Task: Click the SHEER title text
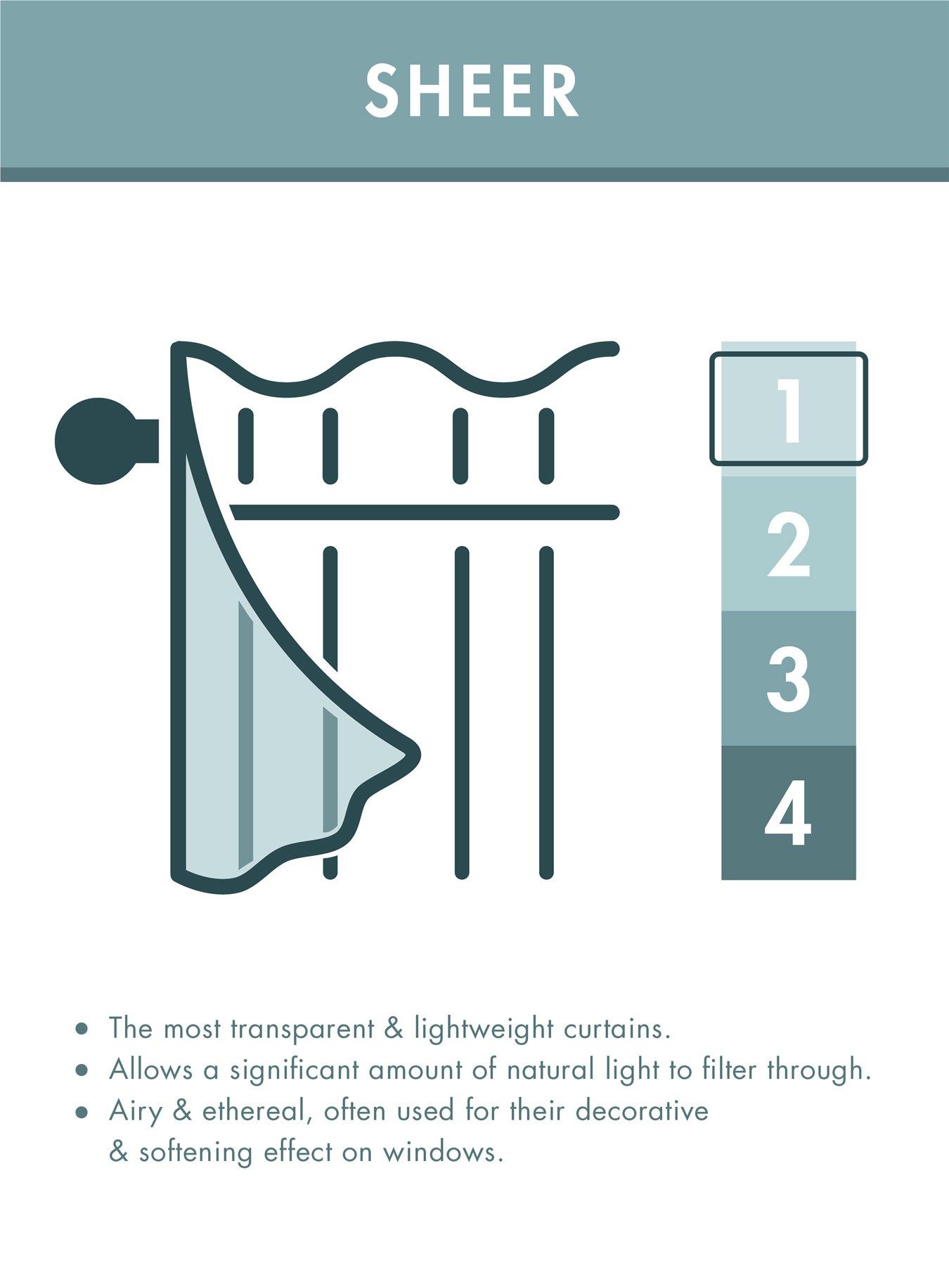[472, 91]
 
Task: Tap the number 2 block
[789, 545]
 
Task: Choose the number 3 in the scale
[789, 679]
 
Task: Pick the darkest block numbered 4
[789, 813]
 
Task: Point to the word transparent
[304, 1030]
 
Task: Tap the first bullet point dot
[83, 1030]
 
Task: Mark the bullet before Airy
[83, 1112]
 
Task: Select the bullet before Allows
[83, 1071]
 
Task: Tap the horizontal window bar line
[422, 512]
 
